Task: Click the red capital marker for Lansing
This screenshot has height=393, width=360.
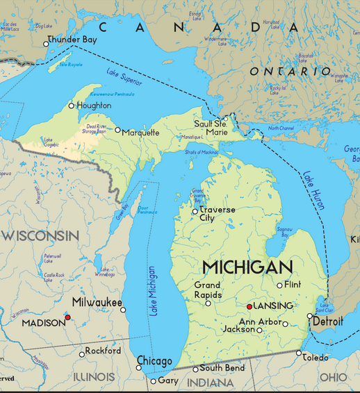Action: pos(249,306)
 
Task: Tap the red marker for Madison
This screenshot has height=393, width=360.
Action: pos(67,317)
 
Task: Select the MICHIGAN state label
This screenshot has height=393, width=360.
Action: pos(247,267)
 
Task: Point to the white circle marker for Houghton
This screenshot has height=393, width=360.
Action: pos(71,106)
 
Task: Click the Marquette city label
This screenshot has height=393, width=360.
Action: pos(140,133)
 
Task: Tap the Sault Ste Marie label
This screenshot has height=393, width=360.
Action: pos(211,128)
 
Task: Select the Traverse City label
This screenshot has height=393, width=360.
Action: pos(217,214)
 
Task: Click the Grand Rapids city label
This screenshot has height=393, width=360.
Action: pos(207,290)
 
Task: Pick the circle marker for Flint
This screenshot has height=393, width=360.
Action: pos(280,285)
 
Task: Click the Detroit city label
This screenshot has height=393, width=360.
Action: pos(328,322)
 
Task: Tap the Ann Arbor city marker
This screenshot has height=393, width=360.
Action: pos(285,324)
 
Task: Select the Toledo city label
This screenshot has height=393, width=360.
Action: pos(316,358)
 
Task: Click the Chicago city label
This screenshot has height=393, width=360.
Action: pos(154,361)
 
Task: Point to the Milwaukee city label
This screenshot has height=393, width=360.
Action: pos(97,303)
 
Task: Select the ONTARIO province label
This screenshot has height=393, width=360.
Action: pos(291,72)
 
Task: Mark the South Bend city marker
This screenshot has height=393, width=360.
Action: pos(195,369)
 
